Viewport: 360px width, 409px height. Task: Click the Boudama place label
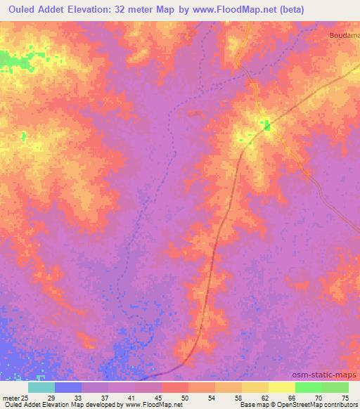pos(344,34)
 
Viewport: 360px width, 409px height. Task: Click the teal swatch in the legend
pos(41,387)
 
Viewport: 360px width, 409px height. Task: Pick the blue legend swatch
pos(68,387)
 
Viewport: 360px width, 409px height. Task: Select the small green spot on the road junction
pos(266,126)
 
